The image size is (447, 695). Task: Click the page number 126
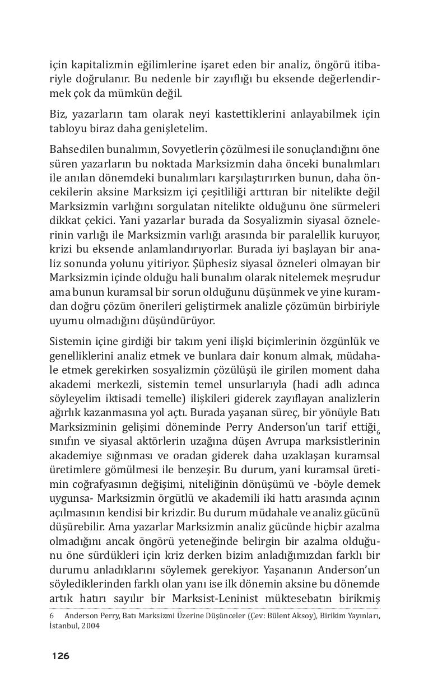pyautogui.click(x=60, y=656)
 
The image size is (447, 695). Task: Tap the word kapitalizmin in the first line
pyautogui.click(x=95, y=64)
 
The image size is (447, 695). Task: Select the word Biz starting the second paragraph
pyautogui.click(x=57, y=114)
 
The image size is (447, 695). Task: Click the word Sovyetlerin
pyautogui.click(x=190, y=150)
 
